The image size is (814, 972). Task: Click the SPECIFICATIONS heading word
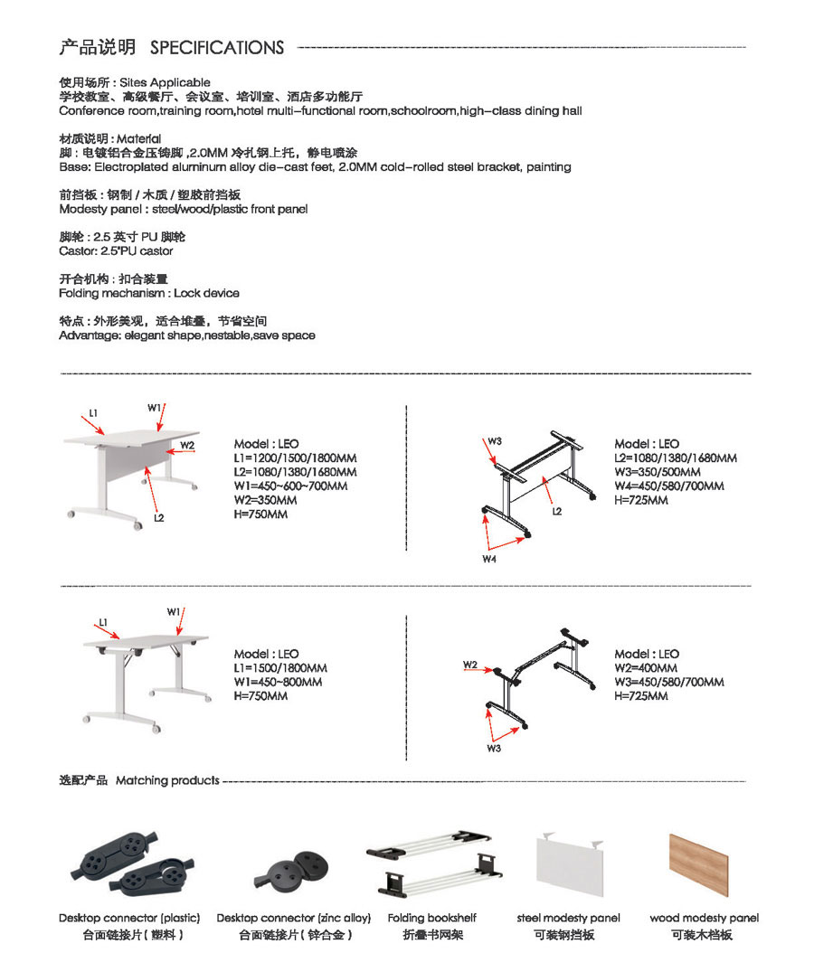216,48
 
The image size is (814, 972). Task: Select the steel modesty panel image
570,864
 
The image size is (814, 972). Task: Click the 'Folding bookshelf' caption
431,918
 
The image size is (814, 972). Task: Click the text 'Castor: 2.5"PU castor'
116,251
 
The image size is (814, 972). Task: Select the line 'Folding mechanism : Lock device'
149,294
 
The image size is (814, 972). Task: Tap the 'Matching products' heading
167,780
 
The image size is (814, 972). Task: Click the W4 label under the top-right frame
489,560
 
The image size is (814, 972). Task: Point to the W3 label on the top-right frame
495,441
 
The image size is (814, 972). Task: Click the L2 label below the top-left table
159,518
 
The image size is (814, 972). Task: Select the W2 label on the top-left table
186,445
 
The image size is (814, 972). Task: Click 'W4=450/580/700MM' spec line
668,486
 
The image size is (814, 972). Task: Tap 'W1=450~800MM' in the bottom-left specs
279,683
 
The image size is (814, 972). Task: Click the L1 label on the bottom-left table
103,623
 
